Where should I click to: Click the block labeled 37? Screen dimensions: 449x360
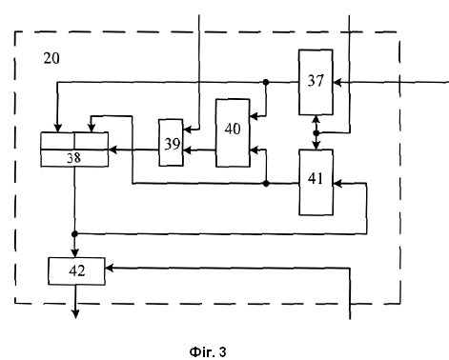tap(316, 82)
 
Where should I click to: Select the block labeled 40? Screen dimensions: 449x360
tap(233, 132)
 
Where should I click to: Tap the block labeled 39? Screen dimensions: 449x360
tap(171, 143)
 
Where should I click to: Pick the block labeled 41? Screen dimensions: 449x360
tap(316, 182)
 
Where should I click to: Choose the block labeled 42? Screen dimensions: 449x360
tap(76, 271)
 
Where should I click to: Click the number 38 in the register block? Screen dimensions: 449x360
tap(73, 158)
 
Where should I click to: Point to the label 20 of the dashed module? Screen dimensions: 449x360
tap(51, 58)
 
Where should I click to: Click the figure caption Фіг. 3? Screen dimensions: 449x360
tap(208, 351)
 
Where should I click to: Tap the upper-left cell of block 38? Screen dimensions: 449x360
tap(57, 140)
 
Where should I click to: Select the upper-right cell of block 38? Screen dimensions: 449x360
tap(92, 140)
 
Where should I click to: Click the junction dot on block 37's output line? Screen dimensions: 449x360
tap(266, 82)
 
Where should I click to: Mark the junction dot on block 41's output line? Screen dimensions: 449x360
tap(266, 183)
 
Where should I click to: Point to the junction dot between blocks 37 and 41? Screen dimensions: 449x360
tap(316, 132)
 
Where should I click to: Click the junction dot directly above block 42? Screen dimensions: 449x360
tap(74, 234)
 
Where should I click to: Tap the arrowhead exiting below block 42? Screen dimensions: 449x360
tap(75, 314)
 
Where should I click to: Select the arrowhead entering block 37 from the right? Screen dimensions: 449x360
tap(337, 83)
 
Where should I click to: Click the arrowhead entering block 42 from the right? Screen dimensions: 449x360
tap(110, 269)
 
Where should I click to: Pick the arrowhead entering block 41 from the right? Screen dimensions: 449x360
tap(337, 183)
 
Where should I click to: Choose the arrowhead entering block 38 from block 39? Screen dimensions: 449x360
tap(112, 150)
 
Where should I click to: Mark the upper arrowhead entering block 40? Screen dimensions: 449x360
tap(255, 116)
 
